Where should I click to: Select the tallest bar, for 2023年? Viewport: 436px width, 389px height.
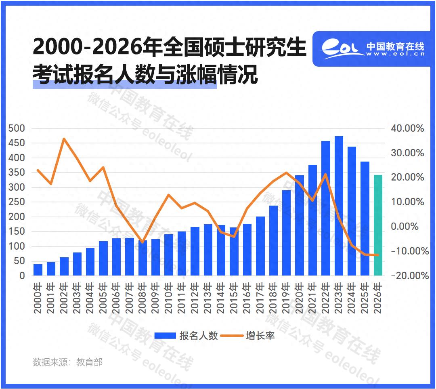coord(339,206)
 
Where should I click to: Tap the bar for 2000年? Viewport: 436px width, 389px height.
coord(38,270)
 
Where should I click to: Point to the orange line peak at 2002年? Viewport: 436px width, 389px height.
coord(64,139)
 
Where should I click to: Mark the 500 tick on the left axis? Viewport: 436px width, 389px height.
coord(17,128)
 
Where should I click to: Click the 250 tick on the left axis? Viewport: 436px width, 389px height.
coord(17,202)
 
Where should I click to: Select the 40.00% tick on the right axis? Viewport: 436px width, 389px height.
coord(407,128)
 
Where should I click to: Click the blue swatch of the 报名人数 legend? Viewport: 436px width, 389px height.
coord(165,336)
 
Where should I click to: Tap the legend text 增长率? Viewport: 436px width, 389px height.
coord(260,336)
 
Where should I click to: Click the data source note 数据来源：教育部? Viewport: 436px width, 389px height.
coord(67,362)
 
